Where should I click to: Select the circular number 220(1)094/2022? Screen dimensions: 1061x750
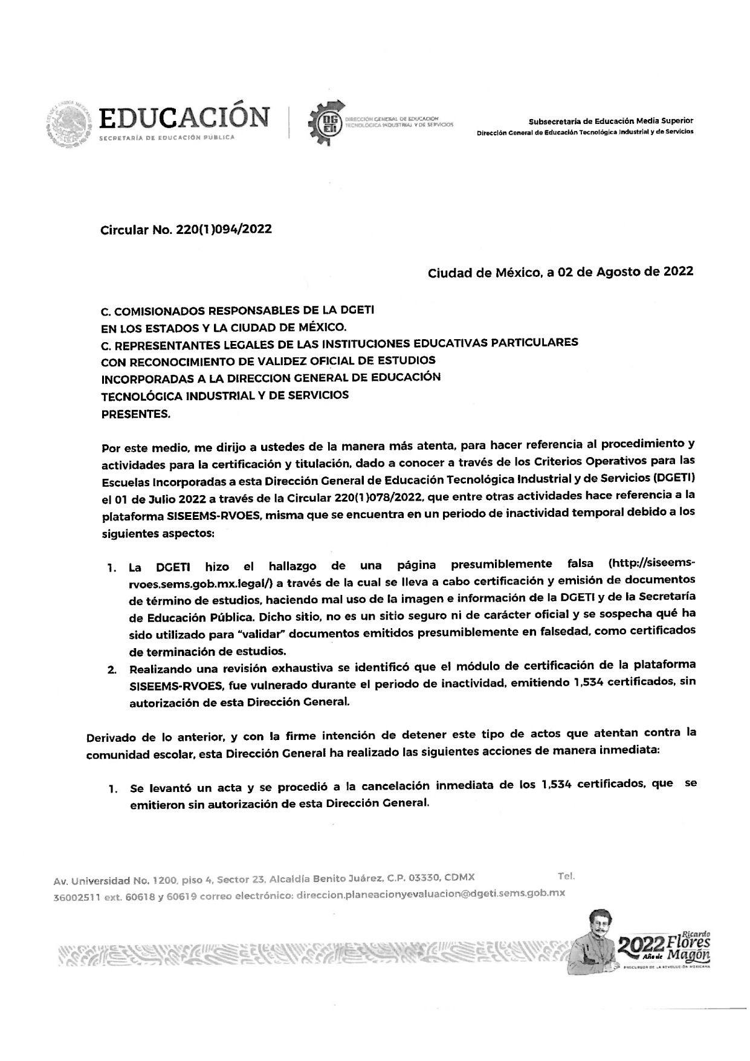coord(223,230)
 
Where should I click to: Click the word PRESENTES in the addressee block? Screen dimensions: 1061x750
coord(135,414)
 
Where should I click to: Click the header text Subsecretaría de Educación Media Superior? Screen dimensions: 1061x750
coord(611,121)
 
